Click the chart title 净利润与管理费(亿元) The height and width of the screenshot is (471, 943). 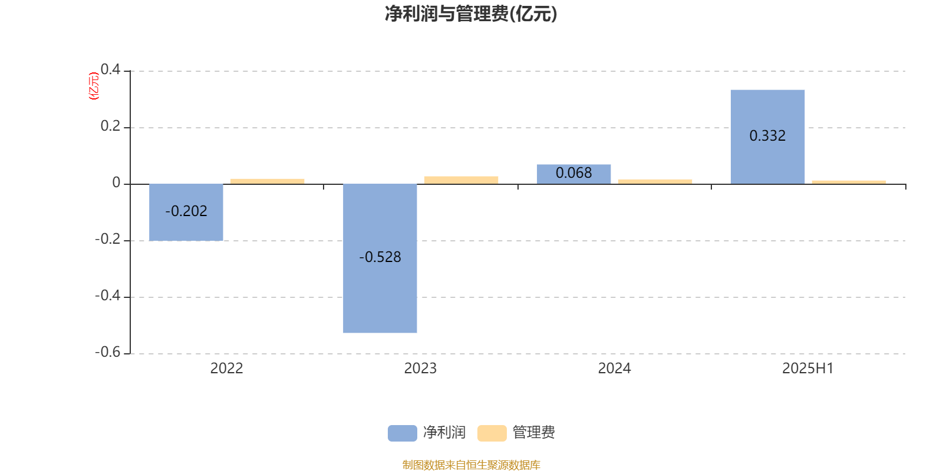click(x=471, y=14)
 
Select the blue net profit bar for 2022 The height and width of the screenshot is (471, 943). click(x=186, y=213)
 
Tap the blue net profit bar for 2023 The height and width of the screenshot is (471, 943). click(x=380, y=258)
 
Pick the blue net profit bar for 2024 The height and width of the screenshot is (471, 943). click(x=574, y=174)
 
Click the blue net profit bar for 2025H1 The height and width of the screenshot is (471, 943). click(x=767, y=137)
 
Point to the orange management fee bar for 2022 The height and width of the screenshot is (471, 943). click(x=268, y=182)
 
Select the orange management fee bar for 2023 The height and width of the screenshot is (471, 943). click(x=461, y=180)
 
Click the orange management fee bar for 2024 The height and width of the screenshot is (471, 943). click(x=655, y=182)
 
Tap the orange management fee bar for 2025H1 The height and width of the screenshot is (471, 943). click(x=849, y=183)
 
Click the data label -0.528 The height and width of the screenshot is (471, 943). click(x=380, y=257)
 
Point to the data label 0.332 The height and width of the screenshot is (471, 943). click(x=767, y=135)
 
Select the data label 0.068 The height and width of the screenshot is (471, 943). click(x=574, y=173)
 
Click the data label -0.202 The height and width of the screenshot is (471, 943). click(x=186, y=211)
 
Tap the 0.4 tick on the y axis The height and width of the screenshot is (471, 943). click(x=110, y=69)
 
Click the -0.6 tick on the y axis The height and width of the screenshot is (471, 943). click(x=108, y=352)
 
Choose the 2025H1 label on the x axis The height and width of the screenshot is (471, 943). click(x=808, y=369)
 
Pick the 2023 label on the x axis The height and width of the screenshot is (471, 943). click(x=420, y=369)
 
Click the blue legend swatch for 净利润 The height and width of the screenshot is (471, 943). click(x=403, y=433)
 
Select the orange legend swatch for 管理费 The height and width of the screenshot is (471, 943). click(x=492, y=433)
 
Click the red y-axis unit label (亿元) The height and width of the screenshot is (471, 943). click(x=94, y=86)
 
